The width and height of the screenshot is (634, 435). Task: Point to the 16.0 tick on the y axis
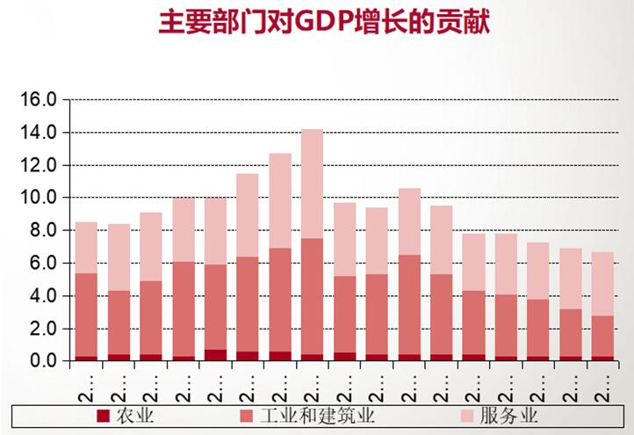[x=39, y=99]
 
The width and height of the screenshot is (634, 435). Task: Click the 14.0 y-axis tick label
[x=39, y=132]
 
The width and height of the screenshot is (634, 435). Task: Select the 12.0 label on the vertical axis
[x=39, y=165]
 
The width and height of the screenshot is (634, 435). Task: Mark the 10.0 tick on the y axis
[x=39, y=198]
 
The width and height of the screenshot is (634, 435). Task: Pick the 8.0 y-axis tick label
[x=43, y=230]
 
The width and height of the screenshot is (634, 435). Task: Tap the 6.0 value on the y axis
[x=43, y=263]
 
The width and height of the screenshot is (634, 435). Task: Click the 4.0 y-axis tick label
[x=43, y=296]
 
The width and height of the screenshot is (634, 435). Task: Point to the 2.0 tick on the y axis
[x=43, y=329]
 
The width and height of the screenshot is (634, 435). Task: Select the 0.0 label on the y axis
[x=43, y=361]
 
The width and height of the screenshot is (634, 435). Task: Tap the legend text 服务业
[x=508, y=415]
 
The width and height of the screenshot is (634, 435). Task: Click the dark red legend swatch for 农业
[x=103, y=415]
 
